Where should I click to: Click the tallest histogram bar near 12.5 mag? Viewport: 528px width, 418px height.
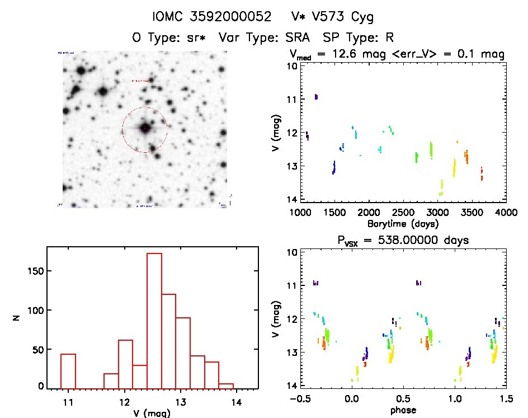[x=154, y=319]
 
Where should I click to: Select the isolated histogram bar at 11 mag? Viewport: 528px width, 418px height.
[x=68, y=370]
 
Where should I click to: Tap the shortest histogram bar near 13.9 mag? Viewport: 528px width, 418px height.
[x=226, y=385]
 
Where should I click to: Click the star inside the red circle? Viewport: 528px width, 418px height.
[x=145, y=128]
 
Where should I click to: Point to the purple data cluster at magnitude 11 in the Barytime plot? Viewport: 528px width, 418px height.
[x=316, y=97]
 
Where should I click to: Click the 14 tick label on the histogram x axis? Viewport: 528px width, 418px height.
[x=236, y=402]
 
